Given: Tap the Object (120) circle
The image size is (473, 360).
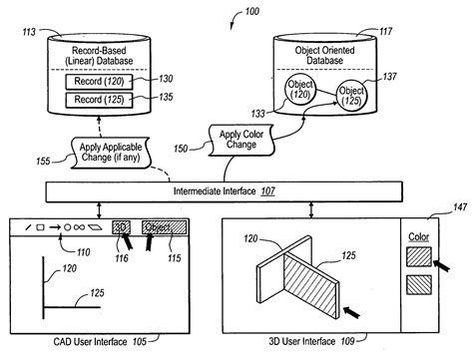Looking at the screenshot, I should [299, 90].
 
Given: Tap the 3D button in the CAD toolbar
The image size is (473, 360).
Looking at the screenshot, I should [121, 227].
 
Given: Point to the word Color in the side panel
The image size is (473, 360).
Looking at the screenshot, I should [418, 238].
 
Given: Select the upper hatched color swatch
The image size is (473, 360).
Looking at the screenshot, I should [418, 258].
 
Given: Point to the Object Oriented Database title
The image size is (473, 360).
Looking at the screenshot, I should [326, 51].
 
